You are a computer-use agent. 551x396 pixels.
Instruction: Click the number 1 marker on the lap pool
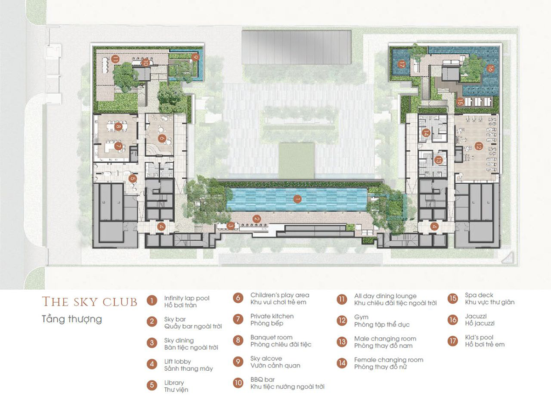(298, 199)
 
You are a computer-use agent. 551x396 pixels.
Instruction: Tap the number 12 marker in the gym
(478, 146)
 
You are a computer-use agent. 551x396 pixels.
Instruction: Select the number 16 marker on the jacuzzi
(490, 68)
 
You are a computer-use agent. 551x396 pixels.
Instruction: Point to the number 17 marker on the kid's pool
(402, 65)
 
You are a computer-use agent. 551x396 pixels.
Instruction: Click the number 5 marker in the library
(133, 178)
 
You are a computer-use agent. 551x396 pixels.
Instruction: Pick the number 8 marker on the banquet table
(118, 127)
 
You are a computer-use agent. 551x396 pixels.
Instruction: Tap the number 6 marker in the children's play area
(162, 138)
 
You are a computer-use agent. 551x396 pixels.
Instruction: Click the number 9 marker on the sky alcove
(195, 57)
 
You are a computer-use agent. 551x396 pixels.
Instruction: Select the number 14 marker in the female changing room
(426, 133)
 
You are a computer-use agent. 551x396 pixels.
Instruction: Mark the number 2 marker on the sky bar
(257, 219)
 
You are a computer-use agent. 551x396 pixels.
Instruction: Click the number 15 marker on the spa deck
(460, 102)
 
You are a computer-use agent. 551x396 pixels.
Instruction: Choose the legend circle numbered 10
(238, 383)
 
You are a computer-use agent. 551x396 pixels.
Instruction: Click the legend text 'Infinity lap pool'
(187, 298)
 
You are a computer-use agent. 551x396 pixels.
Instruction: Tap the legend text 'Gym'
(361, 317)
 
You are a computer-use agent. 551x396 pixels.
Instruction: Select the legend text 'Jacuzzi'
(476, 316)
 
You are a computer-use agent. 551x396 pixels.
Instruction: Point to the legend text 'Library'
(174, 383)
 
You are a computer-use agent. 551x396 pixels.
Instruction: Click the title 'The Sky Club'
(90, 302)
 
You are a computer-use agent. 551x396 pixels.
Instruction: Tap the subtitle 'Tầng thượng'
(72, 319)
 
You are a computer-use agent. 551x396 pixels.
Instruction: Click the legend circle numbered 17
(453, 341)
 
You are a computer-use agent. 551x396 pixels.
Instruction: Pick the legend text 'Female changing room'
(388, 360)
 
